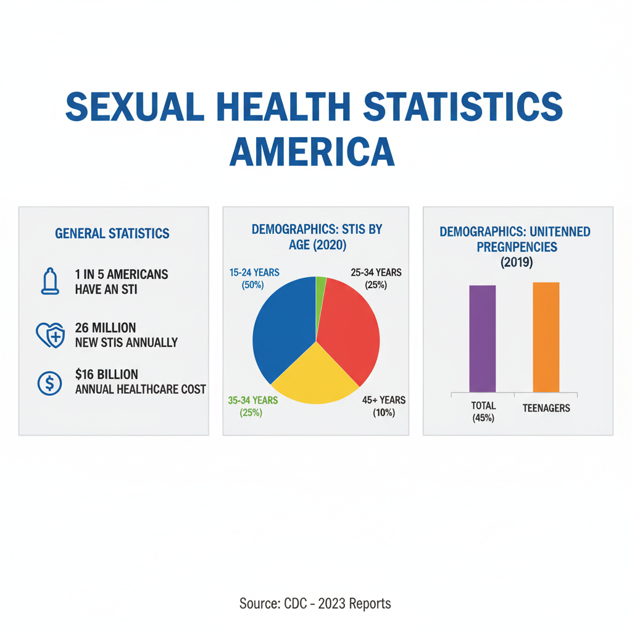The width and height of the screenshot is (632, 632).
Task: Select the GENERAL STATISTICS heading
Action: [112, 233]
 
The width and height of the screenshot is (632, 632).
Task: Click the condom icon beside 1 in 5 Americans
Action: [51, 281]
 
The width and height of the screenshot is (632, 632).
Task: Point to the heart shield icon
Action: [50, 335]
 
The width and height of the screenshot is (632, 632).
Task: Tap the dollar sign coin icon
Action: [49, 383]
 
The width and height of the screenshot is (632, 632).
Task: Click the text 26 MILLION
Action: [106, 328]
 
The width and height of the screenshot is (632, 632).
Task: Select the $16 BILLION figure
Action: [106, 375]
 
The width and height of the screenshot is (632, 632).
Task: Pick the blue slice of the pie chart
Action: [281, 327]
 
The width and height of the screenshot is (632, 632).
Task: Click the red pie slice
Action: [351, 327]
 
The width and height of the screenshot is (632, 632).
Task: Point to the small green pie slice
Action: [320, 285]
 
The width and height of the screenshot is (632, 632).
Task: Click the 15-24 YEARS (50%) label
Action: [254, 278]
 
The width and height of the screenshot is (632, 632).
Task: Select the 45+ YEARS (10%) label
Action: [384, 406]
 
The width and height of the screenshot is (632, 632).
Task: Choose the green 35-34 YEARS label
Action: [252, 406]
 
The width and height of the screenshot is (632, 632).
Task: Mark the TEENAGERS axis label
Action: [546, 408]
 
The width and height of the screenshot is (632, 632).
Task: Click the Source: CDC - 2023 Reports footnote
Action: [315, 603]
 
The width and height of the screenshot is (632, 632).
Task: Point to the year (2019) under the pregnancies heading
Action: [515, 262]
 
